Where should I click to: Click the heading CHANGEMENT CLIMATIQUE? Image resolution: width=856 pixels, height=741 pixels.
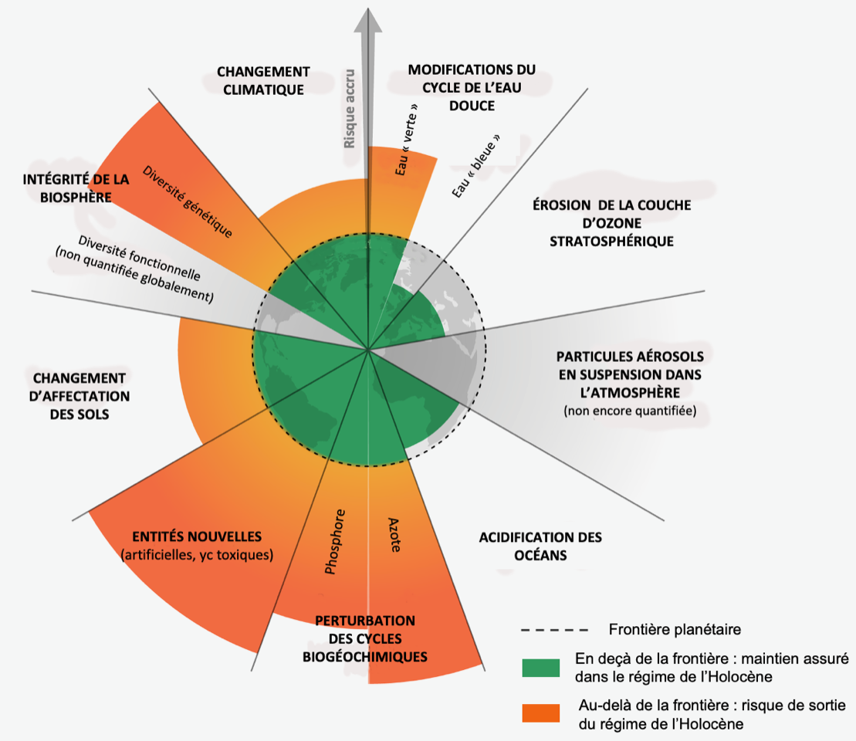coord(263,80)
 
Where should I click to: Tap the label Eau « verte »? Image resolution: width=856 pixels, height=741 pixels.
coord(407,139)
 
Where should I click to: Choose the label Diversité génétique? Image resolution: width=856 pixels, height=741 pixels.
coord(188,200)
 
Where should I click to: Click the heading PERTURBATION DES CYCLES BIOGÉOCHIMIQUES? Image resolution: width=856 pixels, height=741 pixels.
coord(365,639)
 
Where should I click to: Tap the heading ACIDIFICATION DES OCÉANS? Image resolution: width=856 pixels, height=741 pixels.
coord(540,546)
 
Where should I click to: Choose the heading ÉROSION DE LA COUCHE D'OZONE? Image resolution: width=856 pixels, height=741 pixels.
coord(611,223)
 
